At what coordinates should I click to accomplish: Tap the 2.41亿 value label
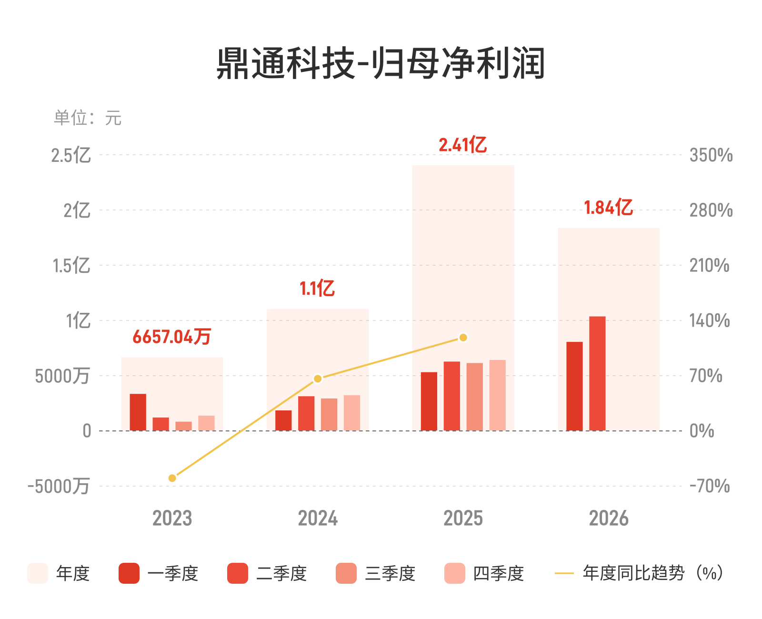[462, 145]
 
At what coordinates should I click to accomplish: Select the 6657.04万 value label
[172, 337]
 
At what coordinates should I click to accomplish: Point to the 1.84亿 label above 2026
[608, 208]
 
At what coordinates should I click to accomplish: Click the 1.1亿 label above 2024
[317, 288]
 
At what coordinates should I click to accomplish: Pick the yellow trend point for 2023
[172, 478]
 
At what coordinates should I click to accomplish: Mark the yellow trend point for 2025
[463, 338]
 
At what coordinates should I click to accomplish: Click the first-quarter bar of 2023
[138, 412]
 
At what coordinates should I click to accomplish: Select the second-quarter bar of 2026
[597, 373]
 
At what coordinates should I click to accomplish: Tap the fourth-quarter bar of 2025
[497, 395]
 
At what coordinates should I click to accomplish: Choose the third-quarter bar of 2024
[329, 414]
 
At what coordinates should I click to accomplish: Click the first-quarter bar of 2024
[283, 420]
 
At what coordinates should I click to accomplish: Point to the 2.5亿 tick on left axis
[71, 155]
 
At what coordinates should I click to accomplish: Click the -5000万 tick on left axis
[59, 486]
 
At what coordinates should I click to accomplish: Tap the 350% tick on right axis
[711, 155]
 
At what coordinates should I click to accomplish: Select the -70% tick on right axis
[710, 486]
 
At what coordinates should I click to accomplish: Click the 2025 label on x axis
[463, 518]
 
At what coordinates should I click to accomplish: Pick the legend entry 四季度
[484, 573]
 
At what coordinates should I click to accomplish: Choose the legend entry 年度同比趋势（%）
[639, 573]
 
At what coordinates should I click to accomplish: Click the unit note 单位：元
[88, 118]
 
